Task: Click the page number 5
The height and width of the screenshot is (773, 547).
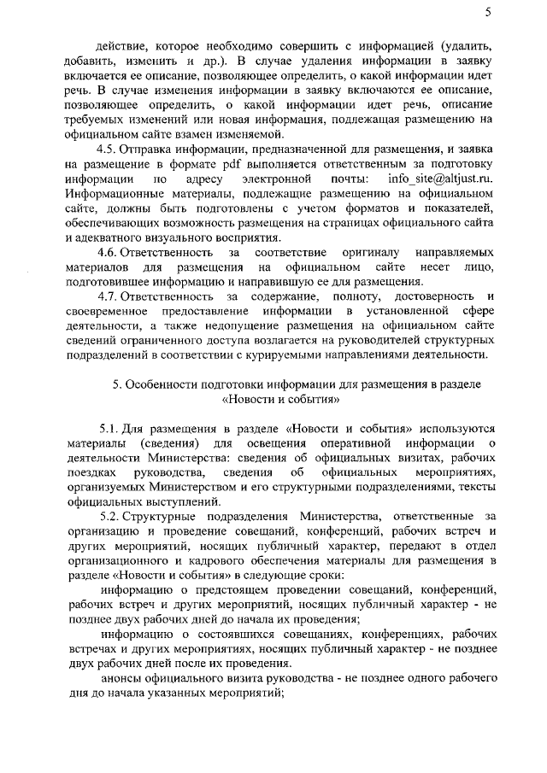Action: [x=487, y=12]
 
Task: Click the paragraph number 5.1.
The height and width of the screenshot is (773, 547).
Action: [x=110, y=425]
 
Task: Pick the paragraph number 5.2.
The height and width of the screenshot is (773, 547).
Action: [x=110, y=515]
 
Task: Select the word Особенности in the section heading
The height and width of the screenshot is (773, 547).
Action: [x=160, y=384]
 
